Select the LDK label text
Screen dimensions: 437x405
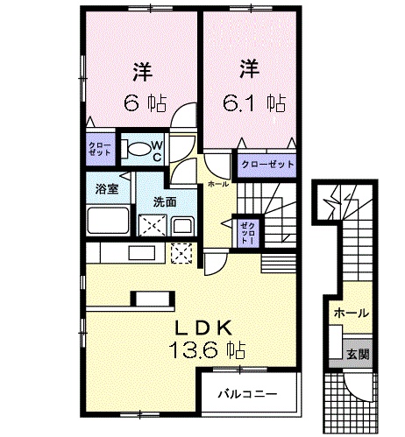207,328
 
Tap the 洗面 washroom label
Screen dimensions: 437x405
165,201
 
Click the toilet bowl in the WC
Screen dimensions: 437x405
136,150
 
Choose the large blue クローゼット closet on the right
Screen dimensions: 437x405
262,164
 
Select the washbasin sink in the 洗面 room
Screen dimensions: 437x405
182,226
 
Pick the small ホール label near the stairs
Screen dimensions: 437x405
218,185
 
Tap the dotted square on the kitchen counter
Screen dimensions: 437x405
181,255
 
